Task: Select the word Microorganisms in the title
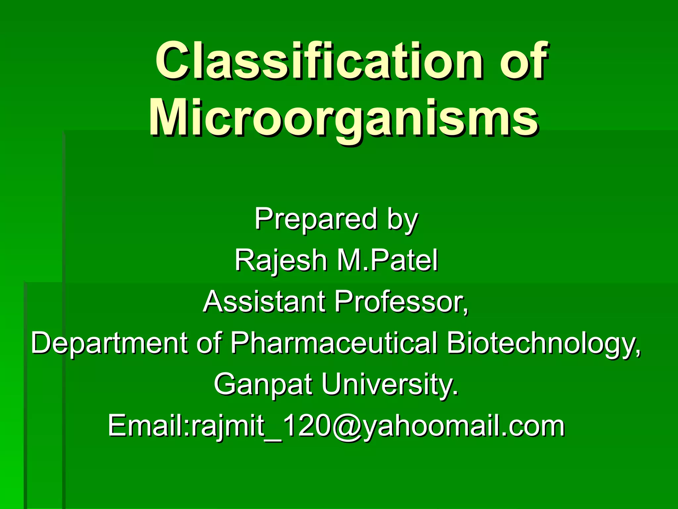tap(343, 118)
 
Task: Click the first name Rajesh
tap(281, 260)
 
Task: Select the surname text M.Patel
tap(388, 260)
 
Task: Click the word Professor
tap(401, 302)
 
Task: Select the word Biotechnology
tap(543, 343)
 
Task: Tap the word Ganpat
tap(264, 384)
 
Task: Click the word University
tap(390, 384)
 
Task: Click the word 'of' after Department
tap(209, 343)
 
